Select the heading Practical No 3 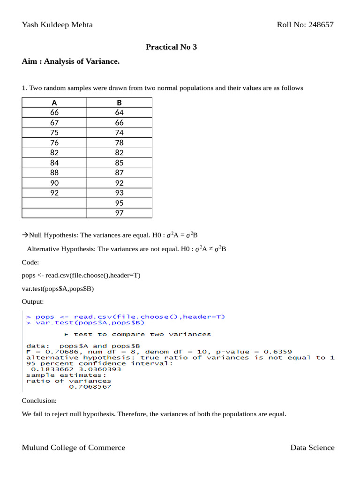click(x=171, y=47)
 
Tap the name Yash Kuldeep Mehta click(x=57, y=25)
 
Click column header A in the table click(x=54, y=103)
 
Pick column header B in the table click(x=119, y=103)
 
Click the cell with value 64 click(x=119, y=112)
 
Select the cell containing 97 click(x=119, y=213)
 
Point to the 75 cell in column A click(x=54, y=133)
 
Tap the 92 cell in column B click(x=119, y=183)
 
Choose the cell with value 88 click(x=54, y=173)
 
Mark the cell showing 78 click(x=119, y=143)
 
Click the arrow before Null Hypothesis click(x=25, y=235)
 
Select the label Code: click(x=30, y=262)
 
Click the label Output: click(x=33, y=301)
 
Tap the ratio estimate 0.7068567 click(x=90, y=387)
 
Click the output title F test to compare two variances click(x=137, y=334)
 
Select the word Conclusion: click(x=39, y=401)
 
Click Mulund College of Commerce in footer click(x=74, y=448)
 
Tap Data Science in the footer click(x=312, y=448)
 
